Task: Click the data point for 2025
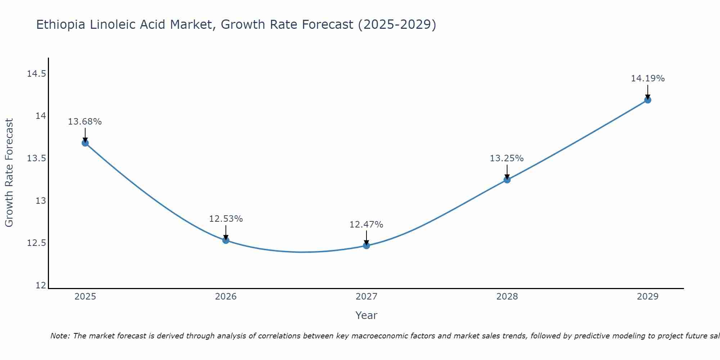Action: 85,143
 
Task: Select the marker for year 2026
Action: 226,240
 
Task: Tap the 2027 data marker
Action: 366,246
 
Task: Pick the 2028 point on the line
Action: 507,180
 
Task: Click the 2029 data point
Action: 648,100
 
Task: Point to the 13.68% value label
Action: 85,122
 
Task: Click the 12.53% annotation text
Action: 226,219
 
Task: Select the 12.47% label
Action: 366,225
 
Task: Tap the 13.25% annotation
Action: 507,158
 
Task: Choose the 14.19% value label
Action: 648,78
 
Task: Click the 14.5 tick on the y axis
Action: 36,74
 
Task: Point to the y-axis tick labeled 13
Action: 41,201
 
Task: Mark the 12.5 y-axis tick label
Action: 36,243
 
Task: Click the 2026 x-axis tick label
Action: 226,297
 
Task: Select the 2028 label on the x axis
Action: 507,297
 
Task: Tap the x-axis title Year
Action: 366,315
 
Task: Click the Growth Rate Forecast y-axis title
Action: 9,173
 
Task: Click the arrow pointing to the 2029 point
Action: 648,92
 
